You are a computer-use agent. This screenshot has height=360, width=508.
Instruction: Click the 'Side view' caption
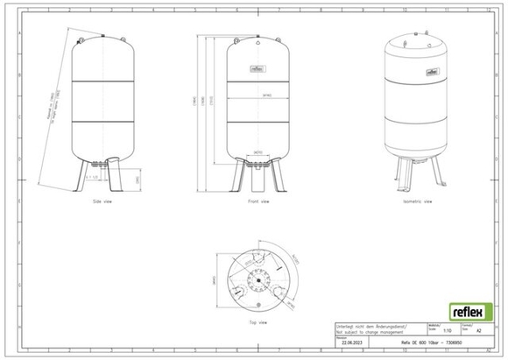[103, 201]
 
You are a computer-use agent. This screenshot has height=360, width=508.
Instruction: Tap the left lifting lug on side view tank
[80, 39]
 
